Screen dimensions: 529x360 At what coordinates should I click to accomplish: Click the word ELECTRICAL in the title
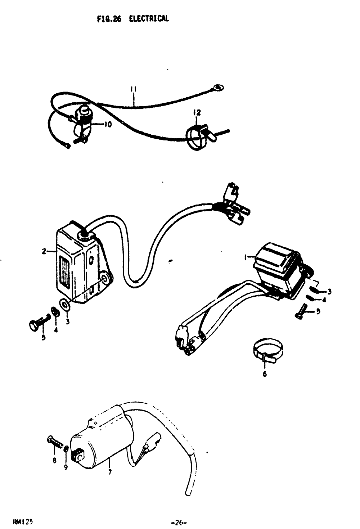click(149, 19)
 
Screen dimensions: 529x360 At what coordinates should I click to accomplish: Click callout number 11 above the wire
click(133, 89)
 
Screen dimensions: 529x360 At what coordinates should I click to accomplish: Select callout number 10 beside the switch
click(108, 125)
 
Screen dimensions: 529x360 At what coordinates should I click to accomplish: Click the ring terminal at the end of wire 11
click(218, 87)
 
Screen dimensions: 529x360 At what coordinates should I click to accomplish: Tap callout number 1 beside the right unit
click(246, 257)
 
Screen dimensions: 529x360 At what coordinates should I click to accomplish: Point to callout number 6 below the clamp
click(265, 374)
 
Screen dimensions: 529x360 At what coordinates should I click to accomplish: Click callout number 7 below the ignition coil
click(110, 472)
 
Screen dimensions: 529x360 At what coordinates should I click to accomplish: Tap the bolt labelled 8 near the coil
click(54, 441)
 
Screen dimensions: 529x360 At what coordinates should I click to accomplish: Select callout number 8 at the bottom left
click(54, 460)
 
